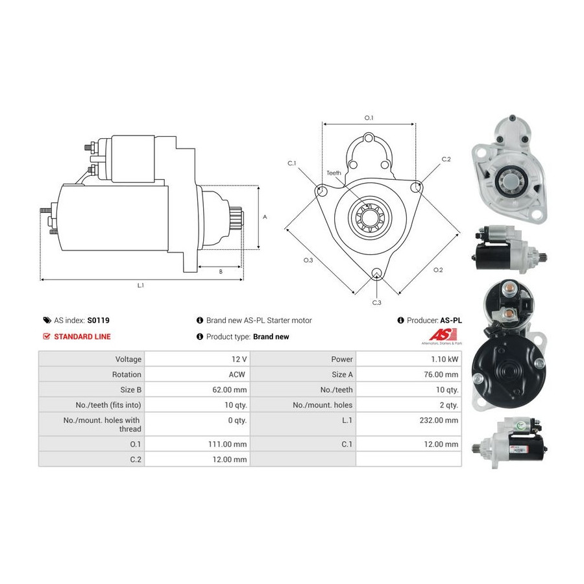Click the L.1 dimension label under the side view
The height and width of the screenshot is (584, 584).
pyautogui.click(x=140, y=286)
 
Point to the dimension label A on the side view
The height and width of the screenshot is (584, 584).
pyautogui.click(x=265, y=217)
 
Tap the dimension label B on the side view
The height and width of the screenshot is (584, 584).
pyautogui.click(x=221, y=272)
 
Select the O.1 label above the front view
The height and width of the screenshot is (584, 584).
pyautogui.click(x=369, y=117)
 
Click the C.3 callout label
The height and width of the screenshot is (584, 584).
pyautogui.click(x=376, y=302)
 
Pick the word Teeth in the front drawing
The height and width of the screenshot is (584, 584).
pyautogui.click(x=334, y=173)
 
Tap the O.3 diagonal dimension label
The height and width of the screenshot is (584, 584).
pyautogui.click(x=308, y=260)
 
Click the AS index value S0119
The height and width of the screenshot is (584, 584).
pyautogui.click(x=98, y=321)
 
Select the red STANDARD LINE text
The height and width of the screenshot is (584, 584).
pyautogui.click(x=82, y=337)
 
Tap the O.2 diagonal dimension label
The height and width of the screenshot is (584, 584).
pyautogui.click(x=438, y=270)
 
